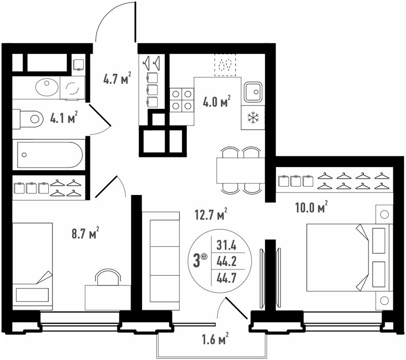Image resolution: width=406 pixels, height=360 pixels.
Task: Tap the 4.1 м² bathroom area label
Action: pyautogui.click(x=64, y=117)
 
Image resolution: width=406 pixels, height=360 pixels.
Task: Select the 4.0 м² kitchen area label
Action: pyautogui.click(x=217, y=101)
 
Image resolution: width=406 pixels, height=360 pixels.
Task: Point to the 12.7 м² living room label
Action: pyautogui.click(x=211, y=214)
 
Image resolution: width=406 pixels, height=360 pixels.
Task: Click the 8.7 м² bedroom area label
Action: pyautogui.click(x=85, y=233)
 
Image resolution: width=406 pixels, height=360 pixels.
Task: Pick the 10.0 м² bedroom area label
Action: pyautogui.click(x=311, y=207)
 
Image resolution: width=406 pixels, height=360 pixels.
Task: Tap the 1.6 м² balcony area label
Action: pyautogui.click(x=215, y=338)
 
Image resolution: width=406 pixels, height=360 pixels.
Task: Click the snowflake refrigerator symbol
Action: pyautogui.click(x=253, y=117)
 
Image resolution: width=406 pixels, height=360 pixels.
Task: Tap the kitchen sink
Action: pyautogui.click(x=253, y=92)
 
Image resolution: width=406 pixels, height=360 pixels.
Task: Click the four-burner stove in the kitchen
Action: pyautogui.click(x=182, y=100)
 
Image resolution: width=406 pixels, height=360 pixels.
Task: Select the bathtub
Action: pyautogui.click(x=50, y=155)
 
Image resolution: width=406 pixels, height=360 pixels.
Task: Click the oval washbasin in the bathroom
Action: pyautogui.click(x=47, y=87)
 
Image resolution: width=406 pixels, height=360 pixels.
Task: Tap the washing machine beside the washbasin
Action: pyautogui.click(x=73, y=88)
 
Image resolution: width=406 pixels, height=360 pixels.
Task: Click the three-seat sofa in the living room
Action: pyautogui.click(x=161, y=261)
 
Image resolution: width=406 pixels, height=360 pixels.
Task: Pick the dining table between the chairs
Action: pyautogui.click(x=240, y=170)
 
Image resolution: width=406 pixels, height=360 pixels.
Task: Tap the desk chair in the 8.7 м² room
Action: pyautogui.click(x=108, y=277)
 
